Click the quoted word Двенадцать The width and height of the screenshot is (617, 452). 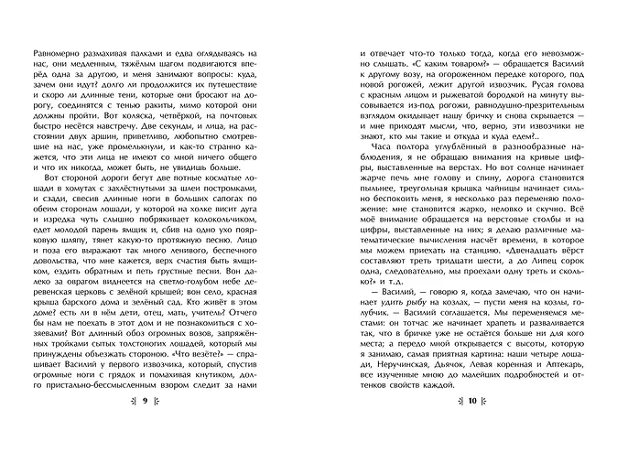click(504, 273)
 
